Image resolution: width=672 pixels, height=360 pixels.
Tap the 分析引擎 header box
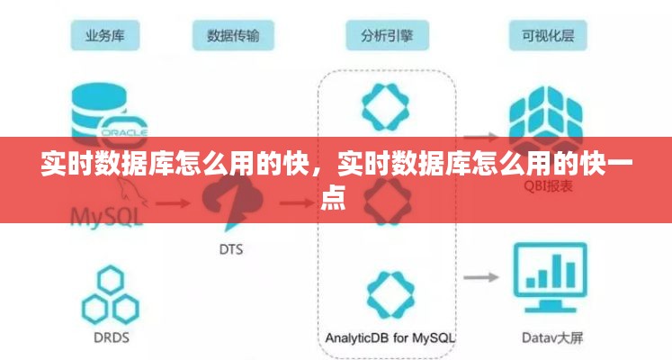[x=386, y=35]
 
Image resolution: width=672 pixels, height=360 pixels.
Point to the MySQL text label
[x=106, y=216]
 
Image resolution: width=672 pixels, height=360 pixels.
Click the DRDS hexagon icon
[x=109, y=295]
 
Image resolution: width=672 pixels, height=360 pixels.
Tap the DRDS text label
[x=110, y=339]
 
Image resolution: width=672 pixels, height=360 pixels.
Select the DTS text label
[x=230, y=248]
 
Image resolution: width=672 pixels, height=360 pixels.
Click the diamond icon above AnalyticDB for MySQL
[x=389, y=293]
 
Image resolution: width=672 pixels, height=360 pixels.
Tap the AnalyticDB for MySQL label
[x=390, y=338]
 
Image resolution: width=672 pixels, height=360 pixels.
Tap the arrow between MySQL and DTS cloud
[x=170, y=203]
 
